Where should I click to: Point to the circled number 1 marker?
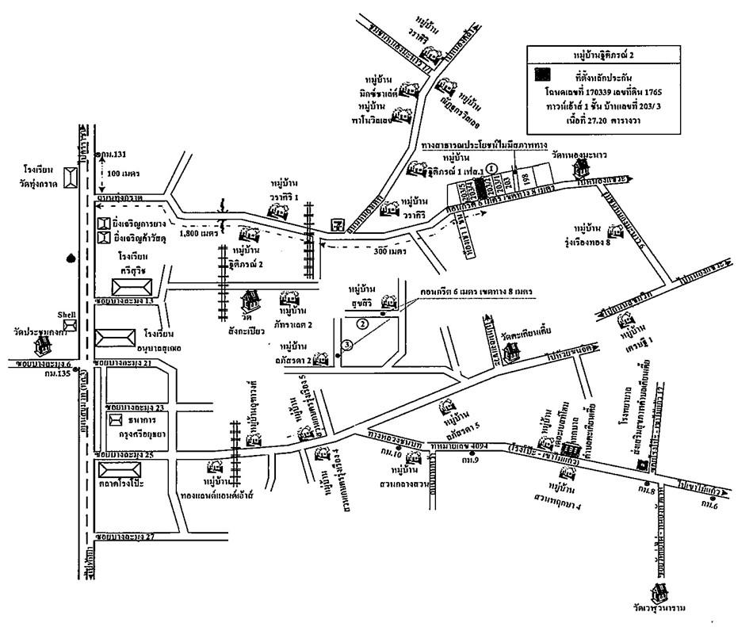click(x=491, y=167)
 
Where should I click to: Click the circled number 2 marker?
click(x=362, y=323)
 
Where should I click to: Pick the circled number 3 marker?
click(x=346, y=344)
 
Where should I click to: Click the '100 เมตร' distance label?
click(x=124, y=171)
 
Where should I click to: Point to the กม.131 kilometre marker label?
click(x=104, y=153)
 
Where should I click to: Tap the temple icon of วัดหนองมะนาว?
click(x=583, y=167)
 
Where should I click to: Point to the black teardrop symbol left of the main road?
click(x=72, y=258)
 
